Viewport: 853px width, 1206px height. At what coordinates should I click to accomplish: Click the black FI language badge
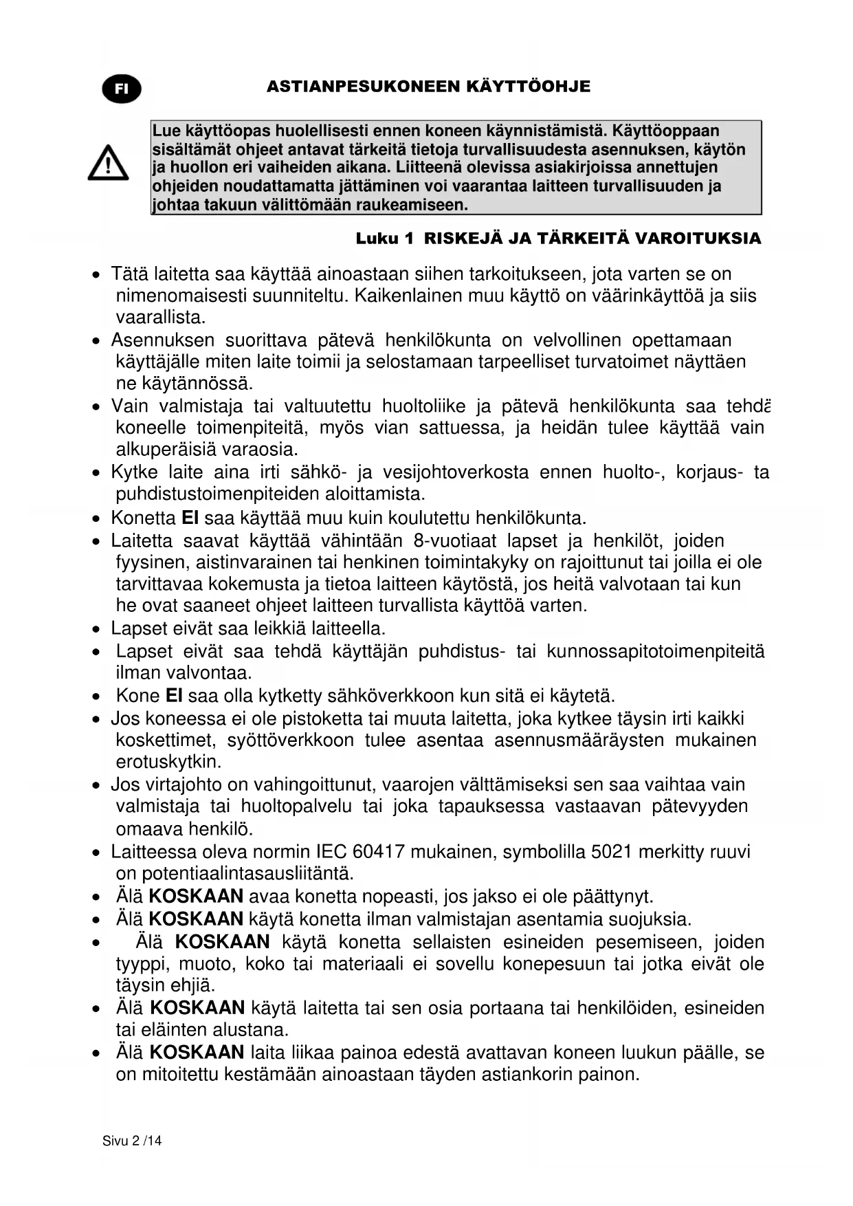click(122, 89)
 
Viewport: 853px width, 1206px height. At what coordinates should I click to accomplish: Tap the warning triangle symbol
click(108, 164)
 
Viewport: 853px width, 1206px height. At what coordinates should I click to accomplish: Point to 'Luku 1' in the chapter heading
click(385, 239)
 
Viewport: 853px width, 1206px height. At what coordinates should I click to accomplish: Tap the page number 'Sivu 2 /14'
click(132, 1141)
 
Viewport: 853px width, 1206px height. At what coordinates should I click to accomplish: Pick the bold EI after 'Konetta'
click(190, 518)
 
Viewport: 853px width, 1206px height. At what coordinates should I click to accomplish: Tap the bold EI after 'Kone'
click(174, 696)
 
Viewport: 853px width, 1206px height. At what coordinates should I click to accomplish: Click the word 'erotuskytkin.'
click(169, 762)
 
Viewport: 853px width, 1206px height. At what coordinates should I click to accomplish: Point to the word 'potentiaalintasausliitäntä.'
click(247, 874)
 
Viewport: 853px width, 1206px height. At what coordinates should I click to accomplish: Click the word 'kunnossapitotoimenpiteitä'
click(655, 651)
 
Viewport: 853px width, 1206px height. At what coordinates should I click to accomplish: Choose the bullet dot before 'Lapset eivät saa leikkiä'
click(97, 629)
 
